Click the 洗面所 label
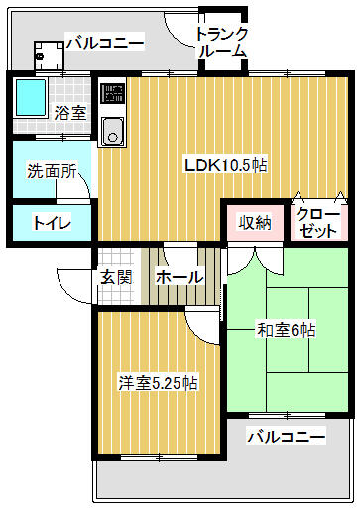(52, 170)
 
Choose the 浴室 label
(70, 113)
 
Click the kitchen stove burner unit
(111, 97)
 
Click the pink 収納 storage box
(255, 222)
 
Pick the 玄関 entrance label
(116, 277)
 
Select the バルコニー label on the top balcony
(104, 42)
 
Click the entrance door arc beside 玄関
(73, 288)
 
